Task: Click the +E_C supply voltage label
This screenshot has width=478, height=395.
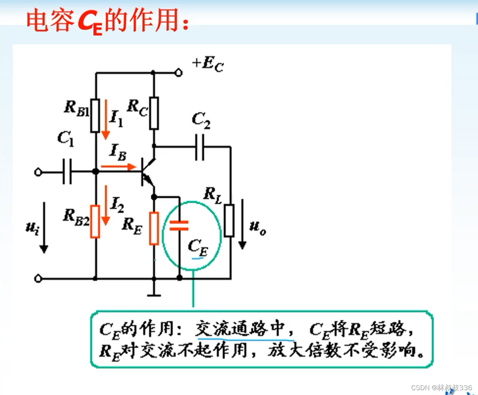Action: (208, 64)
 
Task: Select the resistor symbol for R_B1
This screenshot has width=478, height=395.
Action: (95, 115)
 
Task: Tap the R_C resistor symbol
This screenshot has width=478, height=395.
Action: (154, 113)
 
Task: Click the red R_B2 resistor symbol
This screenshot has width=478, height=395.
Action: (95, 221)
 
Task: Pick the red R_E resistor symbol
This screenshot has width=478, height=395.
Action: (154, 228)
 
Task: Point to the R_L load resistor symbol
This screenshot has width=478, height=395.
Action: (229, 220)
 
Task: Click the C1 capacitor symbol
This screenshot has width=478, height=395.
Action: (67, 172)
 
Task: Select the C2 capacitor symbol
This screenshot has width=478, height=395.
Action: (200, 147)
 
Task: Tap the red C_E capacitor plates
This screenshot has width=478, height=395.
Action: (179, 226)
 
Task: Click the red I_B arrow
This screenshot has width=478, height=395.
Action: (118, 166)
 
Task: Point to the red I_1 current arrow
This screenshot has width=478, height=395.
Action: (105, 119)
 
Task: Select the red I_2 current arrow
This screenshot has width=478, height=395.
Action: (105, 205)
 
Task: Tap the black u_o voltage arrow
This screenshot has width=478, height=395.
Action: (242, 223)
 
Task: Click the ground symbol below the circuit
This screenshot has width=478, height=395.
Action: (154, 295)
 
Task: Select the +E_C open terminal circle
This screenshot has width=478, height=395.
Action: (178, 73)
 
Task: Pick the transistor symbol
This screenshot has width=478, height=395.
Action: (147, 172)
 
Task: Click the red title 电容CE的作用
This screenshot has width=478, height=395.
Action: (107, 21)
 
